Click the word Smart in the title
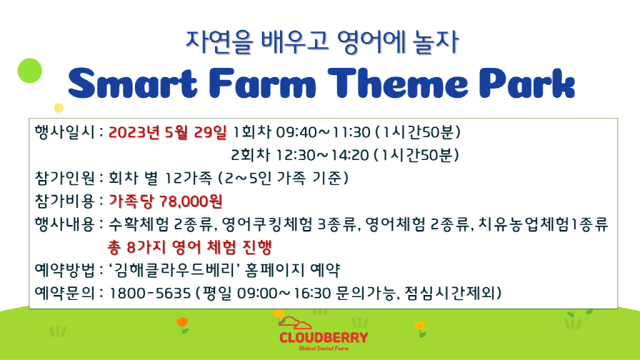click(x=133, y=84)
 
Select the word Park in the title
click(x=527, y=84)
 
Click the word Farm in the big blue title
click(x=263, y=84)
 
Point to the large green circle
click(x=30, y=71)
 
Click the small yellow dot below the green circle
click(x=59, y=108)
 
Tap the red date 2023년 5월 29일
click(x=167, y=132)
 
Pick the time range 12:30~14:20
click(x=322, y=155)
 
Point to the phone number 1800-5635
click(x=150, y=293)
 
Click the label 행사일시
click(x=64, y=132)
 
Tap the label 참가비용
click(x=64, y=201)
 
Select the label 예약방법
click(x=64, y=269)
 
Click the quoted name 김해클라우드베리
click(x=175, y=269)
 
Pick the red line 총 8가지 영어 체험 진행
click(x=190, y=246)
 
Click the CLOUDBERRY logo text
click(x=324, y=338)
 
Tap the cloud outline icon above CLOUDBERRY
click(x=295, y=323)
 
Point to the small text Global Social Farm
click(x=324, y=349)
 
